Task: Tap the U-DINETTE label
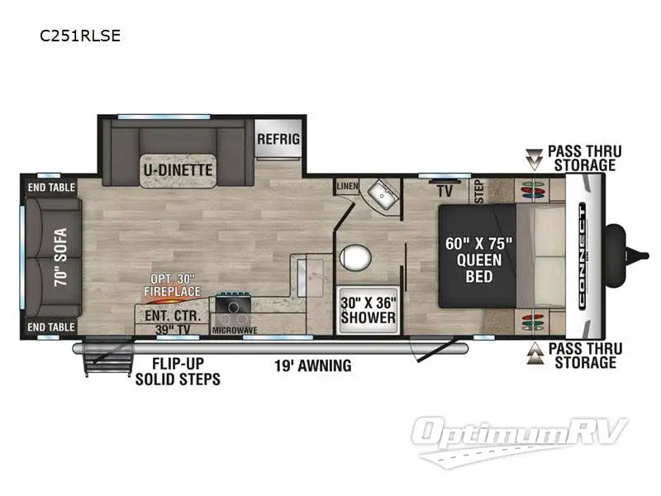176,170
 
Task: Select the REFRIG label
278,139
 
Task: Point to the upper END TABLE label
50,187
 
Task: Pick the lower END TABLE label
50,327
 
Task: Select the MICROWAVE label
234,331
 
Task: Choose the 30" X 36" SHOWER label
368,310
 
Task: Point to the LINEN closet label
347,187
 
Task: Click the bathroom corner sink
382,194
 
